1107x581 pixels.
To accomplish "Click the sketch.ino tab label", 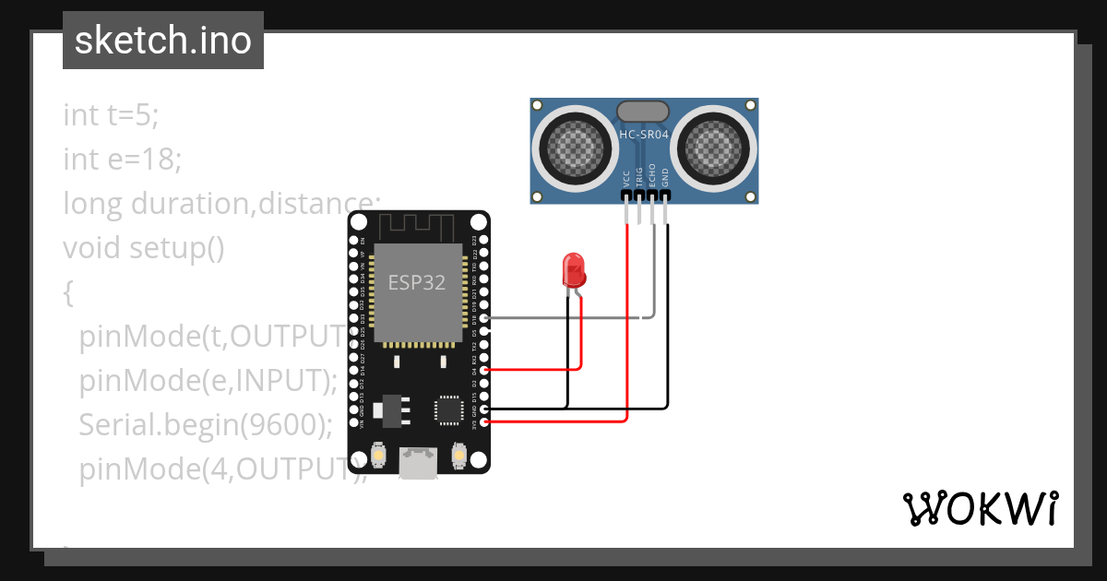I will coord(163,41).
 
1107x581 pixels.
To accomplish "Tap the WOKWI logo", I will coord(980,508).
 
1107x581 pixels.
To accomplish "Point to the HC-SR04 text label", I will coord(644,136).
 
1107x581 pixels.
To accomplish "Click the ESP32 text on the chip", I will coord(417,282).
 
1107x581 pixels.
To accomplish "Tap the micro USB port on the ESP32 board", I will coord(418,462).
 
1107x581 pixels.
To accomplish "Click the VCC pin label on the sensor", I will coord(627,178).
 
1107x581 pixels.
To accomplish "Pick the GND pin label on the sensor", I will coord(664,178).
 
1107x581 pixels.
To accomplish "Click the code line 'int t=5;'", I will coord(111,115).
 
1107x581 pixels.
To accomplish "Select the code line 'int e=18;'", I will coord(122,160).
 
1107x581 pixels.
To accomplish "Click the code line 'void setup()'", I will coord(143,248).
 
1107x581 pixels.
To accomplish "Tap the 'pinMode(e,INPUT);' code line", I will coord(208,380).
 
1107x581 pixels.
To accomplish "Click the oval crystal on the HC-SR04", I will coord(643,111).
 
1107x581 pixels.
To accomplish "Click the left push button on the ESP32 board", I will coord(377,455).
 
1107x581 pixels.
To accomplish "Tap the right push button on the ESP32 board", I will coord(458,455).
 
